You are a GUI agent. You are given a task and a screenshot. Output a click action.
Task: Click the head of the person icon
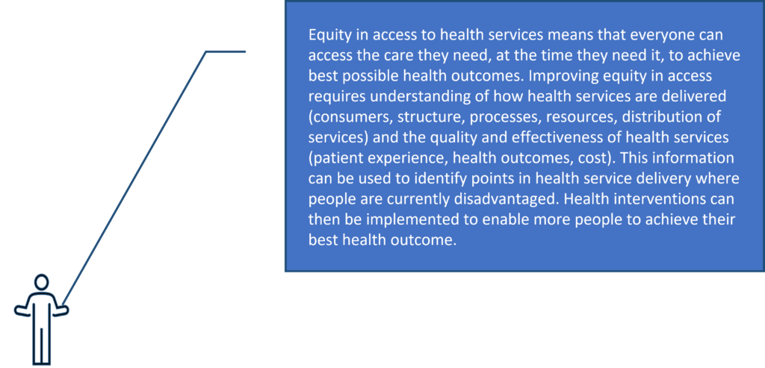point(42,281)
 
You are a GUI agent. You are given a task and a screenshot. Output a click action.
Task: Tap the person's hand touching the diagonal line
point(63,310)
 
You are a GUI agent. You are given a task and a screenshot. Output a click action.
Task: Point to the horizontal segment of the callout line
point(226,52)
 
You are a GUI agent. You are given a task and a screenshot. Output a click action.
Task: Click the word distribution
point(681,117)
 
